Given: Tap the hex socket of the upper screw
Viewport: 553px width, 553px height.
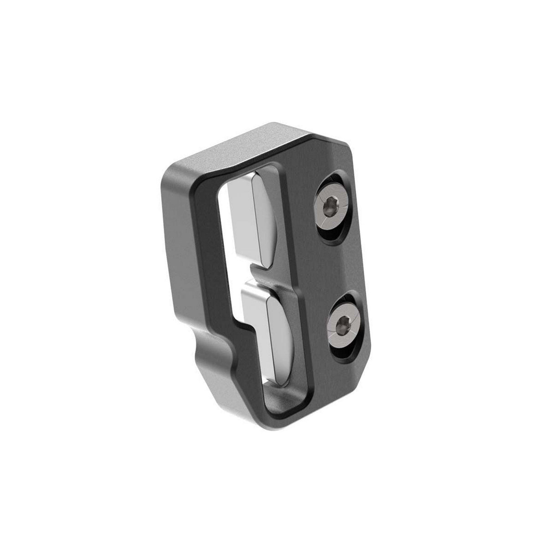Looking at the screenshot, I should pyautogui.click(x=329, y=208).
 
